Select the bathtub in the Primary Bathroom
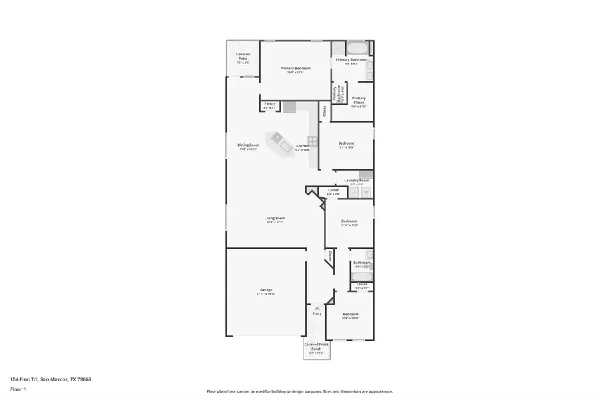point(356,48)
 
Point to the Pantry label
point(270,104)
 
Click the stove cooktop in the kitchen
point(312,141)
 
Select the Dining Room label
point(248,146)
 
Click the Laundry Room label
point(357,181)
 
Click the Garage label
point(267,291)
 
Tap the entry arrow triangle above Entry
point(317,307)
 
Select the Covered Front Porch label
point(317,346)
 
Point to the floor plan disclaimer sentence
point(299,391)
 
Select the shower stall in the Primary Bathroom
point(339,48)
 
